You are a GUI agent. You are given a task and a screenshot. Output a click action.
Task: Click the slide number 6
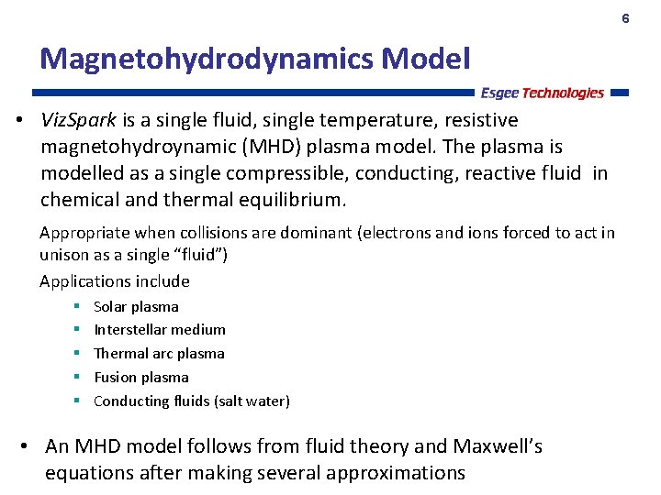coord(625,18)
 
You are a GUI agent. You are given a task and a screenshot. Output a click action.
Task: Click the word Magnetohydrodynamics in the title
coord(206,59)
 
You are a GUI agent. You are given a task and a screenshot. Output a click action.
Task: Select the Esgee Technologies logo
coord(542,93)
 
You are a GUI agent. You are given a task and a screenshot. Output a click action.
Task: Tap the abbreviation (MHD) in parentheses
coord(274,147)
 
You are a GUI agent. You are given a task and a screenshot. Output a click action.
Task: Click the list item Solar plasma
coord(136,306)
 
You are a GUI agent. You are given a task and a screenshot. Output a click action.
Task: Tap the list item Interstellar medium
coord(160,329)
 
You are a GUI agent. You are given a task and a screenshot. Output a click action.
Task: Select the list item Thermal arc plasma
coord(159,353)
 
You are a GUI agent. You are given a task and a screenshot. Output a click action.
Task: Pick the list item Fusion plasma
coord(141,377)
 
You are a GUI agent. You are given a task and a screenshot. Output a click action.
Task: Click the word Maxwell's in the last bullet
coord(498,446)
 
